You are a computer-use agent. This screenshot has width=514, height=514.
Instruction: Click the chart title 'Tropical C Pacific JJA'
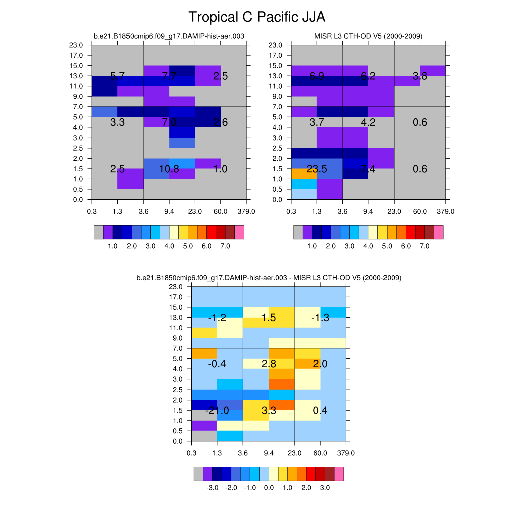pyautogui.click(x=256, y=17)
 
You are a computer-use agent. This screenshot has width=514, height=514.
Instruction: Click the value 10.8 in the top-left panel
pyautogui.click(x=169, y=169)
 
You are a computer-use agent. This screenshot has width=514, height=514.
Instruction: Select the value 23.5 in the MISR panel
pyautogui.click(x=317, y=169)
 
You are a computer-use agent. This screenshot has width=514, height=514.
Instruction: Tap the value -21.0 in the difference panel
pyautogui.click(x=217, y=411)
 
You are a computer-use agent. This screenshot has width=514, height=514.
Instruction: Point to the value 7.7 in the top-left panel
pyautogui.click(x=169, y=76)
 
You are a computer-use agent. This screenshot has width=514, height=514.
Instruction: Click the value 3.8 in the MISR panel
pyautogui.click(x=420, y=76)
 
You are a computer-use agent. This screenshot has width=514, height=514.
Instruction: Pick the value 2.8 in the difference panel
pyautogui.click(x=269, y=364)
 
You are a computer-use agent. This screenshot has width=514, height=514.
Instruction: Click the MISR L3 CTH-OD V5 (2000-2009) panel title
pyautogui.click(x=368, y=36)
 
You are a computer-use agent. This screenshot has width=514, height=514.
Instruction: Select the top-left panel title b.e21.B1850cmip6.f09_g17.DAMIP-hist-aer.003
pyautogui.click(x=169, y=36)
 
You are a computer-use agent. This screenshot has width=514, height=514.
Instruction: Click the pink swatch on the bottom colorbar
pyautogui.click(x=339, y=474)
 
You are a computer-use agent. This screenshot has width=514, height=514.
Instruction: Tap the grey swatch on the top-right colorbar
pyautogui.click(x=298, y=232)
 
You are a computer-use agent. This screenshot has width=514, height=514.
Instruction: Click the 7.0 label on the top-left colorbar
pyautogui.click(x=225, y=247)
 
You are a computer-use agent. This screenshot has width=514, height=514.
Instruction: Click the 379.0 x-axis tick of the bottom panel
pyautogui.click(x=346, y=453)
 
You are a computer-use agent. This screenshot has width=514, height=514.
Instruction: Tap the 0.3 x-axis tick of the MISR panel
pyautogui.click(x=291, y=211)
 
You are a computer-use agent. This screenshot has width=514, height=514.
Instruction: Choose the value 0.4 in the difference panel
pyautogui.click(x=320, y=411)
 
